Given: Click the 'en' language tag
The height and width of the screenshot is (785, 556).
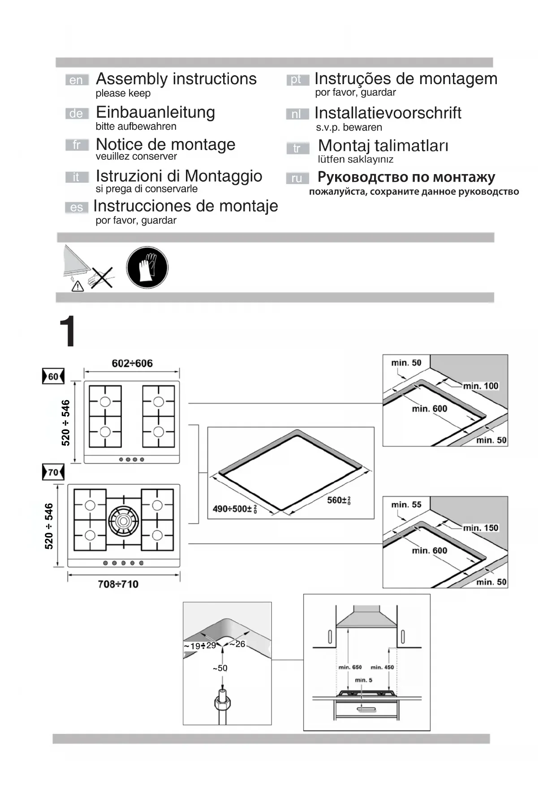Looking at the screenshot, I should [76, 80].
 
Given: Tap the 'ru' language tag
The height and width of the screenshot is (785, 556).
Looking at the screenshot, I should [297, 178].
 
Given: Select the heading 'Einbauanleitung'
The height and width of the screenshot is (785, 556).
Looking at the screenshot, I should [155, 112].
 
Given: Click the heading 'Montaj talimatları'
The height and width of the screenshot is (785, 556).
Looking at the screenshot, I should [383, 145].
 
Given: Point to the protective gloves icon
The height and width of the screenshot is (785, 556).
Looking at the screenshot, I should [147, 267].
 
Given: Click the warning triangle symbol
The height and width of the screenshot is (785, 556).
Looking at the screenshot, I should [78, 286].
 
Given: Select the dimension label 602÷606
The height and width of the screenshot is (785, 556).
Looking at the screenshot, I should [132, 363].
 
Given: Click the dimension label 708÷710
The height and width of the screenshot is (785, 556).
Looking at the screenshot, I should [118, 584].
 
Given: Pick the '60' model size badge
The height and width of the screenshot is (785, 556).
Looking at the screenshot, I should [53, 376].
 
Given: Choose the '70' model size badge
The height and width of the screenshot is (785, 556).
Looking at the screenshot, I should [53, 472].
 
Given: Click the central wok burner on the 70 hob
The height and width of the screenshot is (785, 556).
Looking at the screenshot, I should [123, 520].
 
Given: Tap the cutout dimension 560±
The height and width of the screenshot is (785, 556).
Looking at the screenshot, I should [339, 500].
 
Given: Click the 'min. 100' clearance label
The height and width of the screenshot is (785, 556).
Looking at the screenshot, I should [480, 386].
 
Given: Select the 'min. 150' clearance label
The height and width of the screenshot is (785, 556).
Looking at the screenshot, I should [480, 528].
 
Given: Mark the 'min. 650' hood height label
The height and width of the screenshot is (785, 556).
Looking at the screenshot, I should [350, 667].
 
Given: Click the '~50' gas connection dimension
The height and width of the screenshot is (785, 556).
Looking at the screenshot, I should [220, 668].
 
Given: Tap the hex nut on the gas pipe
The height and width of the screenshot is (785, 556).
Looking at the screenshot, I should [223, 704].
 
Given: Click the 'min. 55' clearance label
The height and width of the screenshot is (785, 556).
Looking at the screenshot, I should [406, 504].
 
